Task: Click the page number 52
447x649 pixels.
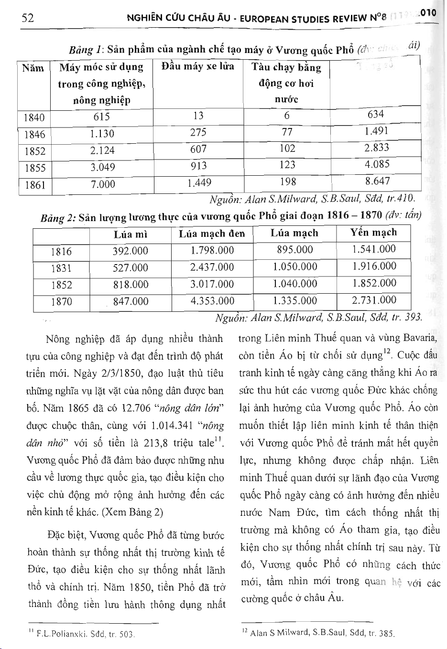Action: pos(28,18)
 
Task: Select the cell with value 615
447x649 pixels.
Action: pos(101,117)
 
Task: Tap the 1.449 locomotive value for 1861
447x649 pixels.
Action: pos(199,182)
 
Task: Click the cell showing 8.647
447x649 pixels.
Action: pos(377,181)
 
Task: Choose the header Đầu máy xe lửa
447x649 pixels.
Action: pos(197,66)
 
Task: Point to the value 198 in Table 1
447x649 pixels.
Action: pos(287,182)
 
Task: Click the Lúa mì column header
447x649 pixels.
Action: pos(130,234)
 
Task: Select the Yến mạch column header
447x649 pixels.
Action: pos(373,233)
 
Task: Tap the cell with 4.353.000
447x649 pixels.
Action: pos(212,301)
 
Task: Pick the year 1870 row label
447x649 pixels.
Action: pos(61,302)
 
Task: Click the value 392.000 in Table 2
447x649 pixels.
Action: pos(130,251)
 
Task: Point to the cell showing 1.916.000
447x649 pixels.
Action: pos(374,266)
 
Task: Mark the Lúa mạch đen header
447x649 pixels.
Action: pos(212,234)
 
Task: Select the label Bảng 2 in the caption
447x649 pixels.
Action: pos(58,218)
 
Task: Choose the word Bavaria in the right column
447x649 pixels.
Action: pos(419,339)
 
